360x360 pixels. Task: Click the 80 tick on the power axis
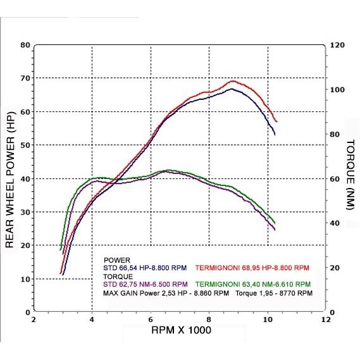pyautogui.click(x=25, y=45)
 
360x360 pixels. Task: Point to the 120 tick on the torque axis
pyautogui.click(x=337, y=45)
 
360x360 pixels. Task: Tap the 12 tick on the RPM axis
pyautogui.click(x=326, y=320)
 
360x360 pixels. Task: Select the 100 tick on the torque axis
pyautogui.click(x=337, y=90)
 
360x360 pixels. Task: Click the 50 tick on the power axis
pyautogui.click(x=25, y=145)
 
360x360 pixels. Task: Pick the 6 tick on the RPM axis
pyautogui.click(x=151, y=320)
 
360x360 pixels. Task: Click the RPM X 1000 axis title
pyautogui.click(x=181, y=330)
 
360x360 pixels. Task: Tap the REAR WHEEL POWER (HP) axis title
pyautogui.click(x=9, y=180)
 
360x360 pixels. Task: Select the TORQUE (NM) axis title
pyautogui.click(x=351, y=175)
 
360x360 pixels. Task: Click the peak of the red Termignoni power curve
pyautogui.click(x=233, y=81)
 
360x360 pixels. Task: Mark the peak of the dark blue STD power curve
pyautogui.click(x=232, y=89)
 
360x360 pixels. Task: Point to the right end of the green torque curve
pyautogui.click(x=275, y=223)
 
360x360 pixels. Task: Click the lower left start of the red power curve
pyautogui.click(x=61, y=273)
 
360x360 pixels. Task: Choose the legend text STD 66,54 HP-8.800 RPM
pyautogui.click(x=145, y=268)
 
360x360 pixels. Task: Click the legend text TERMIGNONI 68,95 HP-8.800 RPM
pyautogui.click(x=252, y=268)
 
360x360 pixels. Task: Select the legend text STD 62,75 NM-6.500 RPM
pyautogui.click(x=146, y=285)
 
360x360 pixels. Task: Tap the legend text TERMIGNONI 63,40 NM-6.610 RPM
pyautogui.click(x=253, y=285)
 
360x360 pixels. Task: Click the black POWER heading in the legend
pyautogui.click(x=117, y=261)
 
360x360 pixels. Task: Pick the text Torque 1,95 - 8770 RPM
pyautogui.click(x=274, y=294)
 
